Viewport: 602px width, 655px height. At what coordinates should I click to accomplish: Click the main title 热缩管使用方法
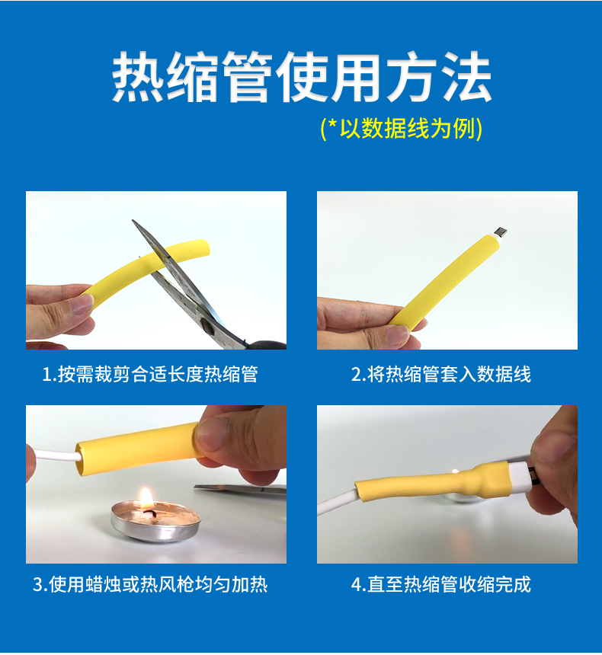click(302, 78)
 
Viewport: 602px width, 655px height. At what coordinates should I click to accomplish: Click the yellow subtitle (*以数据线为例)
click(402, 128)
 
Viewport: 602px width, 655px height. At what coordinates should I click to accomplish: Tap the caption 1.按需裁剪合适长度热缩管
click(150, 374)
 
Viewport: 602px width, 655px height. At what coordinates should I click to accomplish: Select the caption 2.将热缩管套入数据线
click(441, 374)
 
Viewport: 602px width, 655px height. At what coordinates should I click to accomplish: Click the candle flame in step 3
click(146, 499)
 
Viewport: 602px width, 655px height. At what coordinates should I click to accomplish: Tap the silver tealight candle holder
click(155, 525)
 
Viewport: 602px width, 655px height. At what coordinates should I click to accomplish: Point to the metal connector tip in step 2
click(500, 232)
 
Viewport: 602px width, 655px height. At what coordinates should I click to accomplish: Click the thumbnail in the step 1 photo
click(78, 303)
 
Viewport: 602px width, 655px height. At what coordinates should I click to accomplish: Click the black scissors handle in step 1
click(267, 344)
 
